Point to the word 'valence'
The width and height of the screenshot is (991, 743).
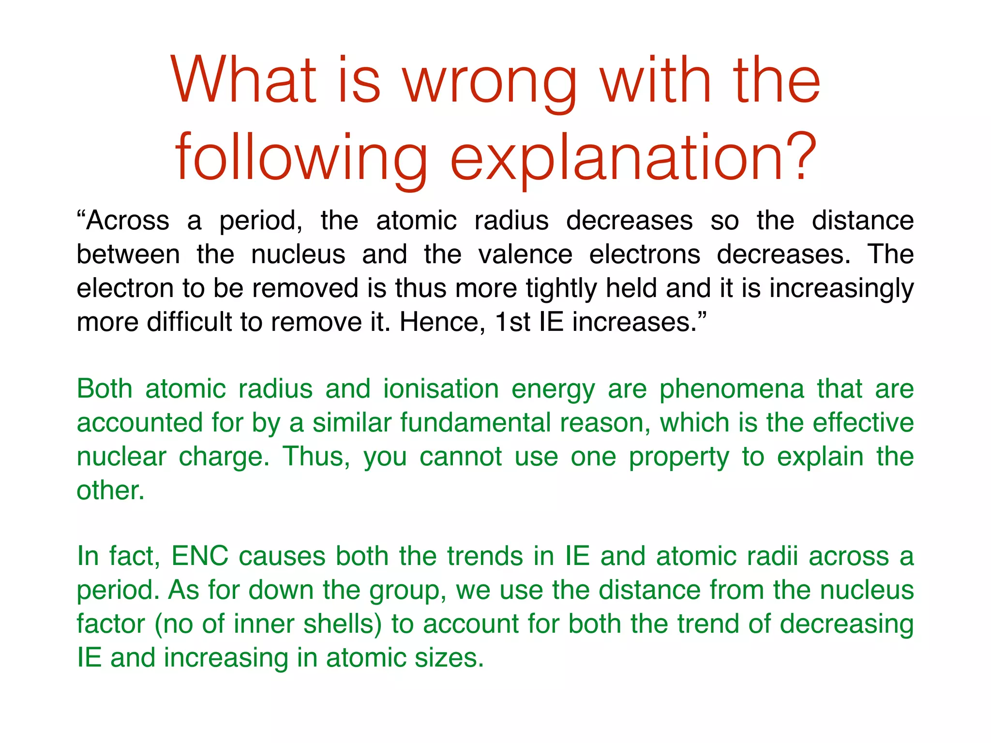coord(525,254)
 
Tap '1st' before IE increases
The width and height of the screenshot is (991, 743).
coord(513,322)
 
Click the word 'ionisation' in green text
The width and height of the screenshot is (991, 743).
coord(441,389)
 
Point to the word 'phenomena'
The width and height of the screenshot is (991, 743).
coord(732,390)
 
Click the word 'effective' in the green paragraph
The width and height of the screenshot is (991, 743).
coord(863,423)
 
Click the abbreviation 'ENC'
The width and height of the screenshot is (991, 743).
coord(200,556)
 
